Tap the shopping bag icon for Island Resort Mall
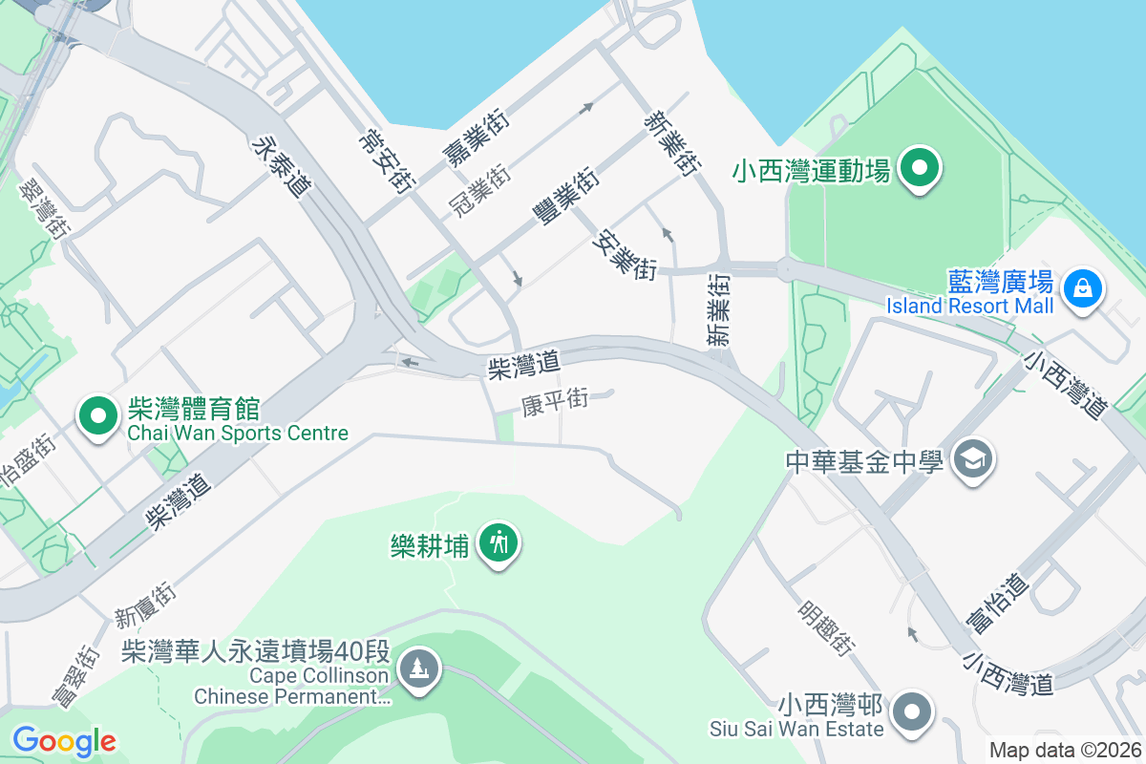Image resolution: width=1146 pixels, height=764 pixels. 1083,286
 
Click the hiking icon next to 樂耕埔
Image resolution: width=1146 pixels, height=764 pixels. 498,543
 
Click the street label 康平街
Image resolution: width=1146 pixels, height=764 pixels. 554,402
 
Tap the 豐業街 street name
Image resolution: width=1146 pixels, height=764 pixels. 566,198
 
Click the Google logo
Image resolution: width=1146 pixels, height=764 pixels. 64,740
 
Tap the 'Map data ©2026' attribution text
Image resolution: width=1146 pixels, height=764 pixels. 1064,750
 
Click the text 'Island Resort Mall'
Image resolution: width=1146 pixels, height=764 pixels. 969,306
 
